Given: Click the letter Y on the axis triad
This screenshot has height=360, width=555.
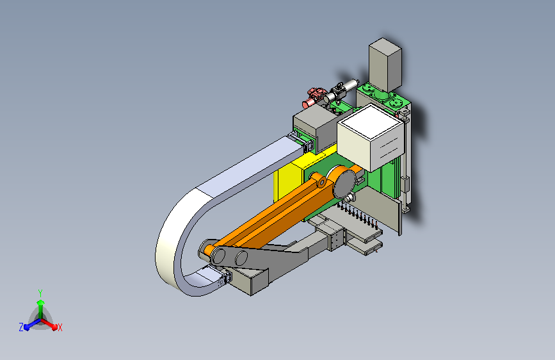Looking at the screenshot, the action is [40, 293].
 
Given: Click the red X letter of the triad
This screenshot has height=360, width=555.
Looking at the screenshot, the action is [60, 327].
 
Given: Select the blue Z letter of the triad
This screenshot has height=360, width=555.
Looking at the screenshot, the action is [21, 327].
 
